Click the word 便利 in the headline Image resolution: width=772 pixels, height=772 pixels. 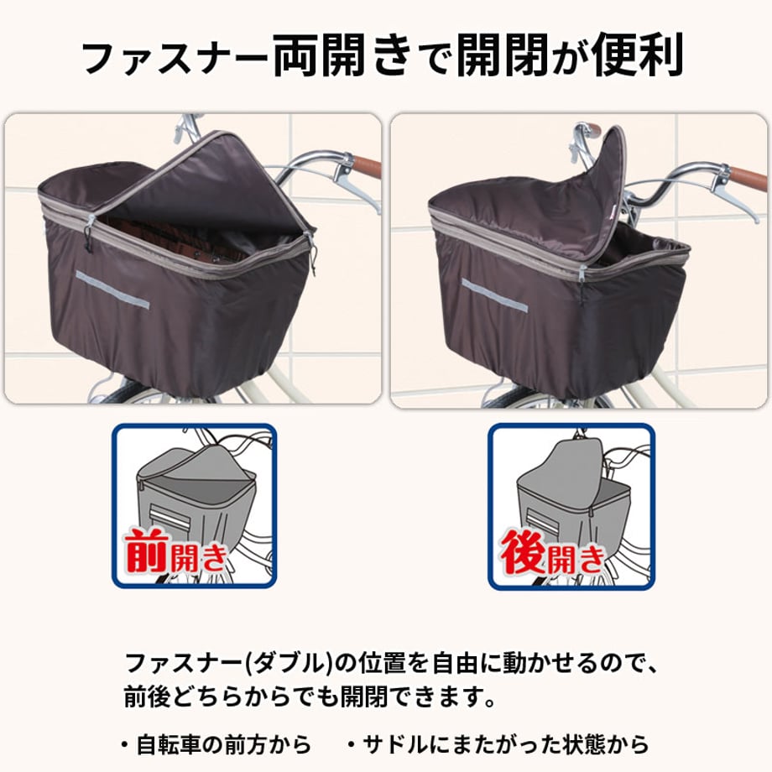[637, 55]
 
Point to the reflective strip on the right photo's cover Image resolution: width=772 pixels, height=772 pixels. [493, 295]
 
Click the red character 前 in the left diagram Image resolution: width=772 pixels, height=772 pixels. [148, 551]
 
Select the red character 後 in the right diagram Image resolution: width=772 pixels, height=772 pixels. [524, 552]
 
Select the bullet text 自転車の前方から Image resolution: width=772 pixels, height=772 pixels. [223, 744]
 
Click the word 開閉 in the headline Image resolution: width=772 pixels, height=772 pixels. [502, 55]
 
